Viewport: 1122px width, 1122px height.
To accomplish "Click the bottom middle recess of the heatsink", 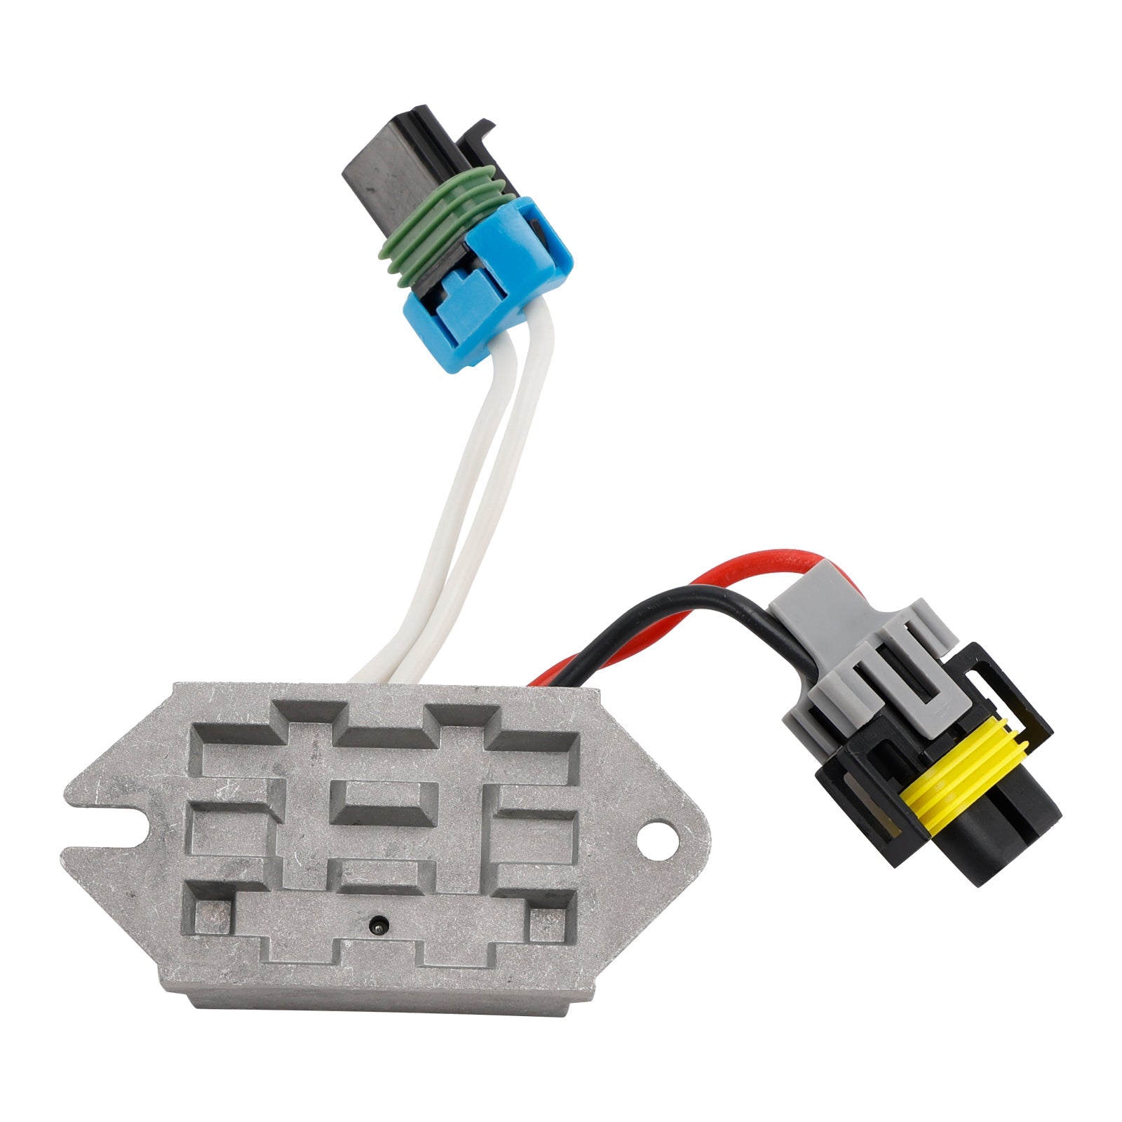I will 379,947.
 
